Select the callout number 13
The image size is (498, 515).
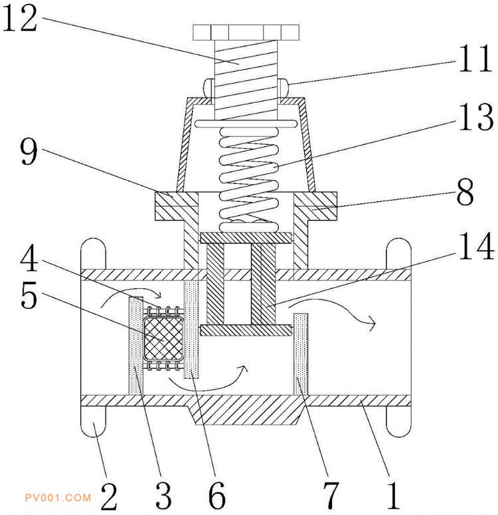pos(476,116)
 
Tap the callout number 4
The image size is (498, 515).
pos(29,258)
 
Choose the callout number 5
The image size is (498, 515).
pos(29,295)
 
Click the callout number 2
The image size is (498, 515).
pos(109,496)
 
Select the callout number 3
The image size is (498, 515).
pos(163,496)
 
